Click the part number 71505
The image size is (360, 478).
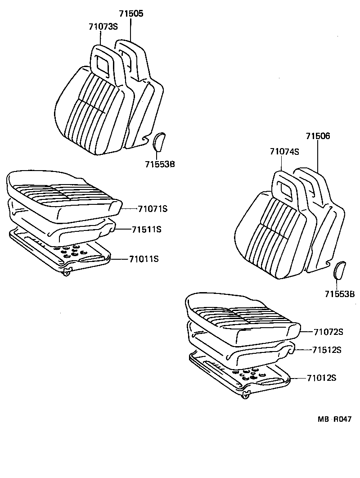point(131,14)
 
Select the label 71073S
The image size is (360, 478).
point(103,26)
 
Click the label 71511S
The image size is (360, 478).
point(146,229)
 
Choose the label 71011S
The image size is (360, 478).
point(144,259)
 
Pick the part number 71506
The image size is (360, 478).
point(318,136)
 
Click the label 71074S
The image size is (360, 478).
point(284,152)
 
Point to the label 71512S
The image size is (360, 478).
point(326,350)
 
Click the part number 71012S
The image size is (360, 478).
point(322,378)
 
